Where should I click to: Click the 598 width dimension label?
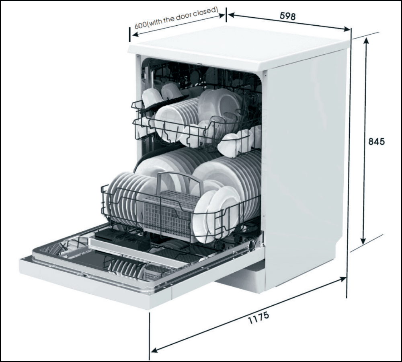click(287, 16)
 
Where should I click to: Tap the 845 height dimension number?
click(376, 141)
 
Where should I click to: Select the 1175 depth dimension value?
click(258, 317)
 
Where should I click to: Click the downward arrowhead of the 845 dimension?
click(363, 240)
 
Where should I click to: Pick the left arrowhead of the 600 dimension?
click(135, 35)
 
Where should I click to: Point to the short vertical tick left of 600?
click(130, 34)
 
